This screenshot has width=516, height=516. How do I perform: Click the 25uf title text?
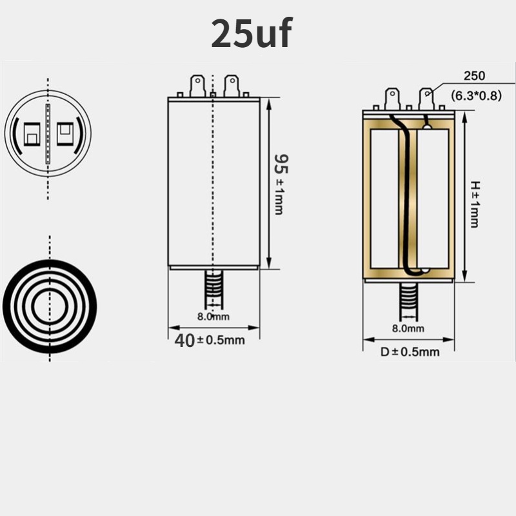tap(252, 34)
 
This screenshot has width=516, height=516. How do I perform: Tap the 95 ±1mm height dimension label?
tap(281, 184)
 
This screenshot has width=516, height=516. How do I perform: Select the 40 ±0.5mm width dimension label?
tap(210, 341)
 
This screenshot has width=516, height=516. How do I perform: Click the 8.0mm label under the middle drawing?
tap(213, 317)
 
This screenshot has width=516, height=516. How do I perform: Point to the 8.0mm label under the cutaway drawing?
tap(408, 328)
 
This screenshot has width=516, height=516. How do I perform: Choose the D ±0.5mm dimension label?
tap(410, 352)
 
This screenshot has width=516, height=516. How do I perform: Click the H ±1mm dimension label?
tap(475, 204)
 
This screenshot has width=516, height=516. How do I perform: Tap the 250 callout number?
tap(474, 76)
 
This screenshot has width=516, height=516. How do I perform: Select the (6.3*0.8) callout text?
tap(476, 95)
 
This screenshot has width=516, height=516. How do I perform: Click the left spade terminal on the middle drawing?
tap(197, 86)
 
